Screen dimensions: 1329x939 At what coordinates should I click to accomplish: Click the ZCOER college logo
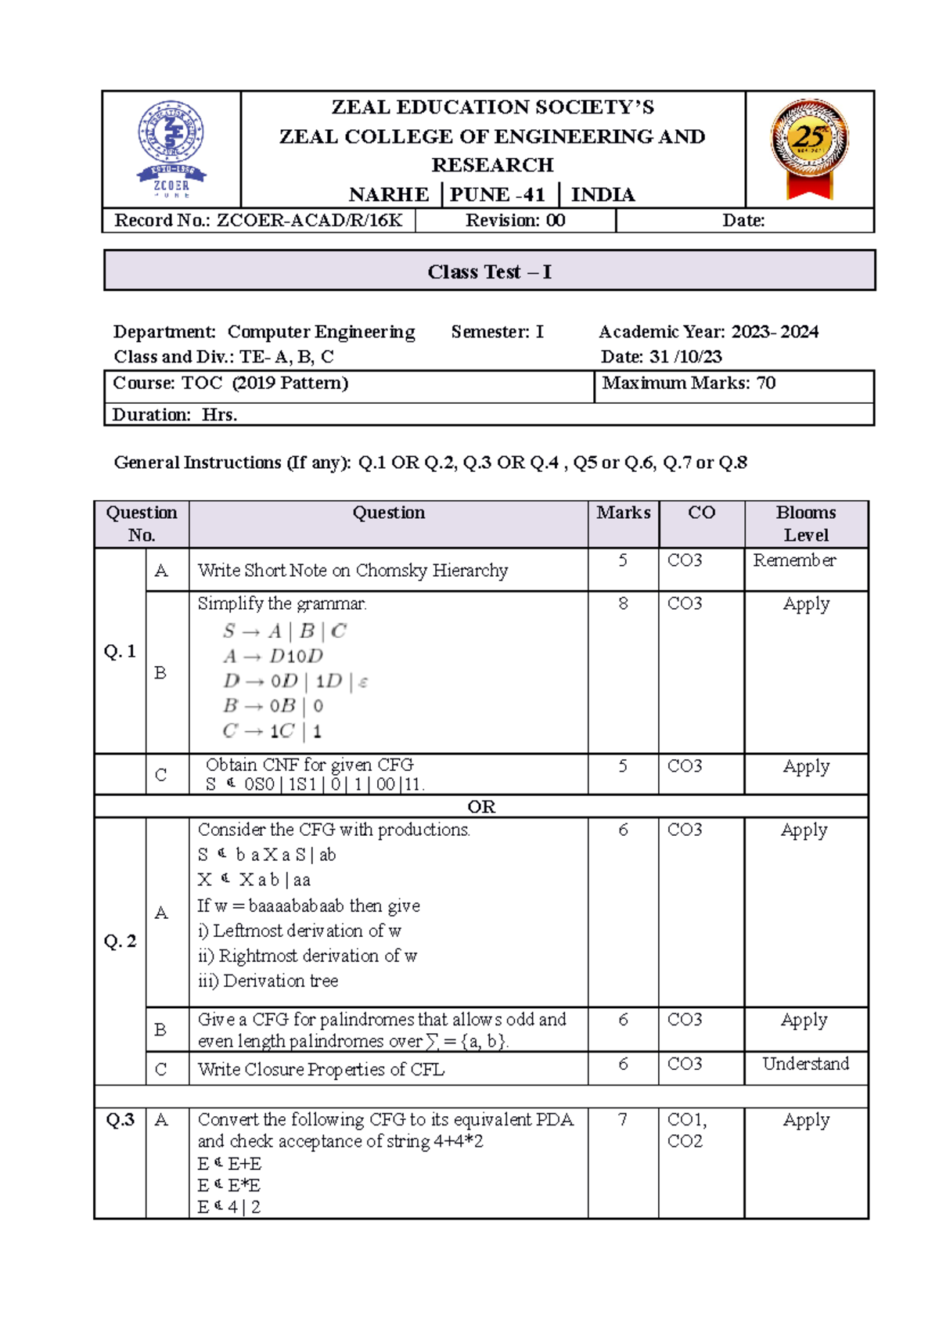point(171,149)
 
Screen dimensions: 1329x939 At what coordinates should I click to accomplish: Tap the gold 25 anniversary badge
point(809,146)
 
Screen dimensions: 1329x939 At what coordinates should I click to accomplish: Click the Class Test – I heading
point(489,272)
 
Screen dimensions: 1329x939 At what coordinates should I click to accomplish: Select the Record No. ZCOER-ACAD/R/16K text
point(258,221)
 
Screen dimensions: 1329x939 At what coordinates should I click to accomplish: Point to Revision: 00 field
point(515,221)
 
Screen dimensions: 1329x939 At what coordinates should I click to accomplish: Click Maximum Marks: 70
point(689,383)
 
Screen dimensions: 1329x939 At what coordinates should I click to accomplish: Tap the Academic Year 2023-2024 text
point(708,332)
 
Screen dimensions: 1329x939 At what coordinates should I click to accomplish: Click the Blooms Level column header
point(806,524)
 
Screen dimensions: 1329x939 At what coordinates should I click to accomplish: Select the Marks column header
point(623,513)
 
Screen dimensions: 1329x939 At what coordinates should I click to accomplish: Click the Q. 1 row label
point(120,651)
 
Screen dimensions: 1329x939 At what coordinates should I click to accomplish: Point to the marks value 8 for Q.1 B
point(623,603)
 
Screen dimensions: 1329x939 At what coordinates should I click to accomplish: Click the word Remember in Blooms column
point(794,560)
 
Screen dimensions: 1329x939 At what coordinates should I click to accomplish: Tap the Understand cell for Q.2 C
point(805,1064)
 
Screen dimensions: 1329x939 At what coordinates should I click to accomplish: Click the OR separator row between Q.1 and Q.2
point(481,807)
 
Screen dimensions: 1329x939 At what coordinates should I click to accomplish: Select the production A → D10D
point(273,656)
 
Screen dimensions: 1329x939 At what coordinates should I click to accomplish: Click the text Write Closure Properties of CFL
point(321,1069)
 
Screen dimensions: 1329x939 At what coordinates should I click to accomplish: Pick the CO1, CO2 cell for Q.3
point(686,1130)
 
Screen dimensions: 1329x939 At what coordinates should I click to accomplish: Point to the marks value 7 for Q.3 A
point(623,1120)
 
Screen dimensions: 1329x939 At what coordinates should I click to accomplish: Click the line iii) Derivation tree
point(268,981)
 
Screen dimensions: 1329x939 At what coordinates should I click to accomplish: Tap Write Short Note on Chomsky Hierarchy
point(352,571)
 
